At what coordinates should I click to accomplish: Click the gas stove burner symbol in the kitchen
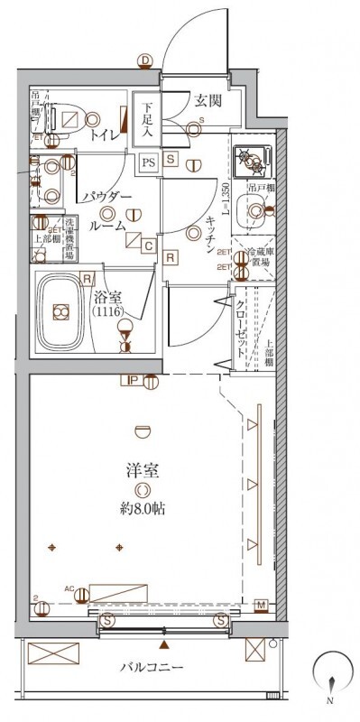251,161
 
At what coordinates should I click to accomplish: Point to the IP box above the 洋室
133,381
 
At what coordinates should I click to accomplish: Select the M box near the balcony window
260,605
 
